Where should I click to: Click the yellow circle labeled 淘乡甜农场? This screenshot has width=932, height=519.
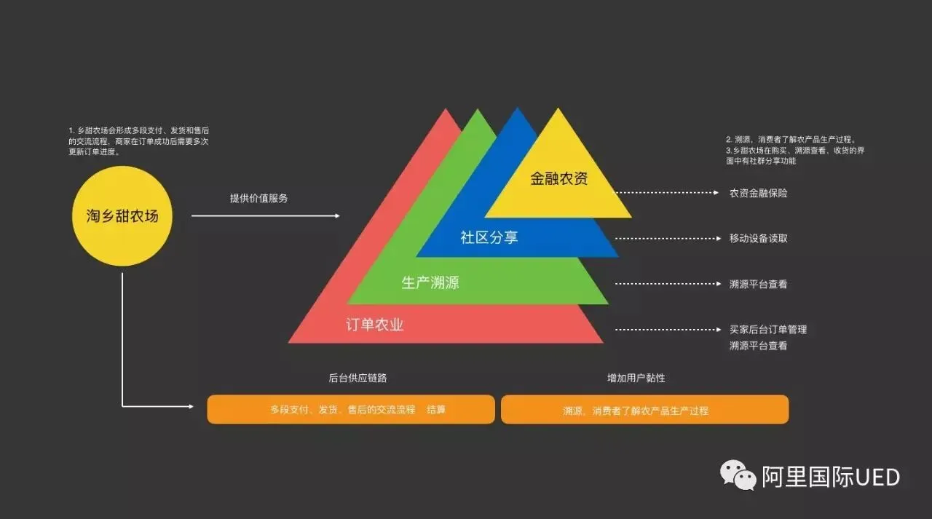[x=123, y=215]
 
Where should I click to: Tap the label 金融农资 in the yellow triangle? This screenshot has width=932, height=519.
[x=558, y=178]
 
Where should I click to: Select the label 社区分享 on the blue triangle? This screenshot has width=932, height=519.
[x=489, y=237]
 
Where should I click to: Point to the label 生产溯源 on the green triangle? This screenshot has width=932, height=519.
[x=430, y=282]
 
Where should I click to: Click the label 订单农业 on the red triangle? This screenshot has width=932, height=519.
[x=374, y=325]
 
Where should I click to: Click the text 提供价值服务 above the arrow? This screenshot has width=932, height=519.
[x=258, y=198]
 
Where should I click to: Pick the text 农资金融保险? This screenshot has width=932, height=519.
[x=758, y=194]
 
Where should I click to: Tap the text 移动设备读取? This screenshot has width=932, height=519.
[x=758, y=239]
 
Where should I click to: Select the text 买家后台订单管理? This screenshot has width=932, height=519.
[x=768, y=330]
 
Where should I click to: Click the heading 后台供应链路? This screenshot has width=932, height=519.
[x=358, y=379]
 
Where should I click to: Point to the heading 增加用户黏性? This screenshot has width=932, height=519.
[x=636, y=379]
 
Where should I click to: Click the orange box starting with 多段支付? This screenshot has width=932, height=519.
[x=351, y=409]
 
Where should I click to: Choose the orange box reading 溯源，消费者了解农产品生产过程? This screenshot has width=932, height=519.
[x=644, y=409]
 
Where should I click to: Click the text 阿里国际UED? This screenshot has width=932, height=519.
[x=831, y=478]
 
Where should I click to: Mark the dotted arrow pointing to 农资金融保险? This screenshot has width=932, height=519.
[x=666, y=194]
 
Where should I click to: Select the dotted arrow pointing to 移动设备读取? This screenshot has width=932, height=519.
[x=666, y=239]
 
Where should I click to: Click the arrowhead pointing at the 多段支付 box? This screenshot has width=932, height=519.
[x=191, y=406]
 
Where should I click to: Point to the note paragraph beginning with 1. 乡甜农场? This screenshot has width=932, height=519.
[x=138, y=141]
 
